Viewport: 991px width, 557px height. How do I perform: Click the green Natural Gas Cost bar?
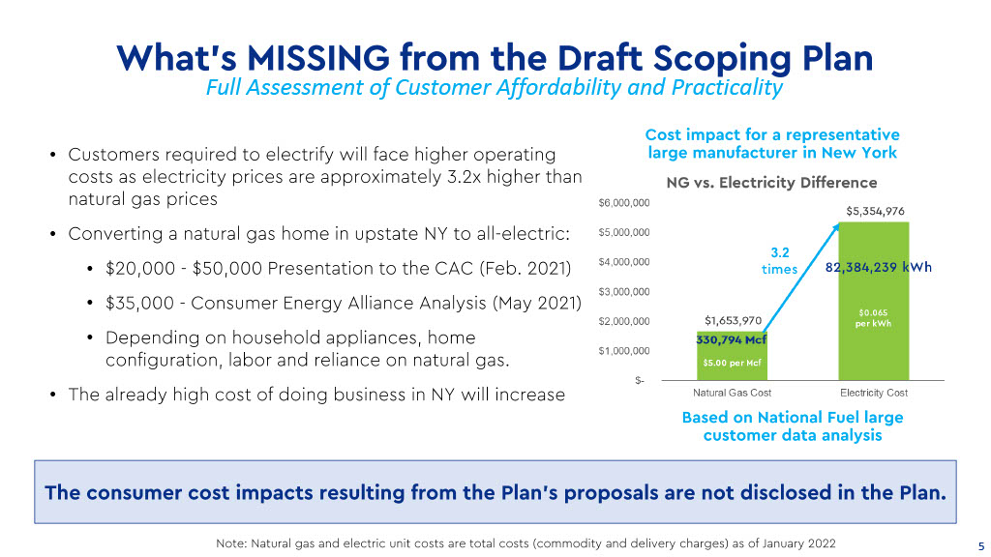(732, 356)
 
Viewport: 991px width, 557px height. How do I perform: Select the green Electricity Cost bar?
(874, 302)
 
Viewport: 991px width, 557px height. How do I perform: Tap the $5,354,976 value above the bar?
(875, 211)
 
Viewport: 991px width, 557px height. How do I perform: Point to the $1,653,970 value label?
(734, 321)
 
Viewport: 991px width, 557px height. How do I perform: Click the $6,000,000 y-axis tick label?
(624, 203)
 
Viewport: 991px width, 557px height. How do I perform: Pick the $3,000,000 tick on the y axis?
(624, 292)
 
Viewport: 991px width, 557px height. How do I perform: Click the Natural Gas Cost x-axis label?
(732, 393)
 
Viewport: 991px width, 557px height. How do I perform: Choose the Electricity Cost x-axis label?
(874, 393)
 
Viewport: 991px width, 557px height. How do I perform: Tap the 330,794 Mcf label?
(732, 339)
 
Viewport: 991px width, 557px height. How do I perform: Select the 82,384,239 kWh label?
(879, 267)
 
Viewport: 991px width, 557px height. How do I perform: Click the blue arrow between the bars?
(801, 278)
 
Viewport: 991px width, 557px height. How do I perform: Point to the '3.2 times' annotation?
(780, 261)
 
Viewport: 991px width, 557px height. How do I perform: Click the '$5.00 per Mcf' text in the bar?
(732, 364)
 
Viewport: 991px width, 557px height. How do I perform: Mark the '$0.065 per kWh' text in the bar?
(874, 318)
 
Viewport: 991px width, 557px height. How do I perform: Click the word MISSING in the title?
(318, 57)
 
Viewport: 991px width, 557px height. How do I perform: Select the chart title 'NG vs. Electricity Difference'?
(771, 183)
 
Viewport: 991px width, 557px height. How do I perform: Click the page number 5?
(981, 546)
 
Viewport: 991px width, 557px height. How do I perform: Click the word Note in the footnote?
(231, 543)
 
